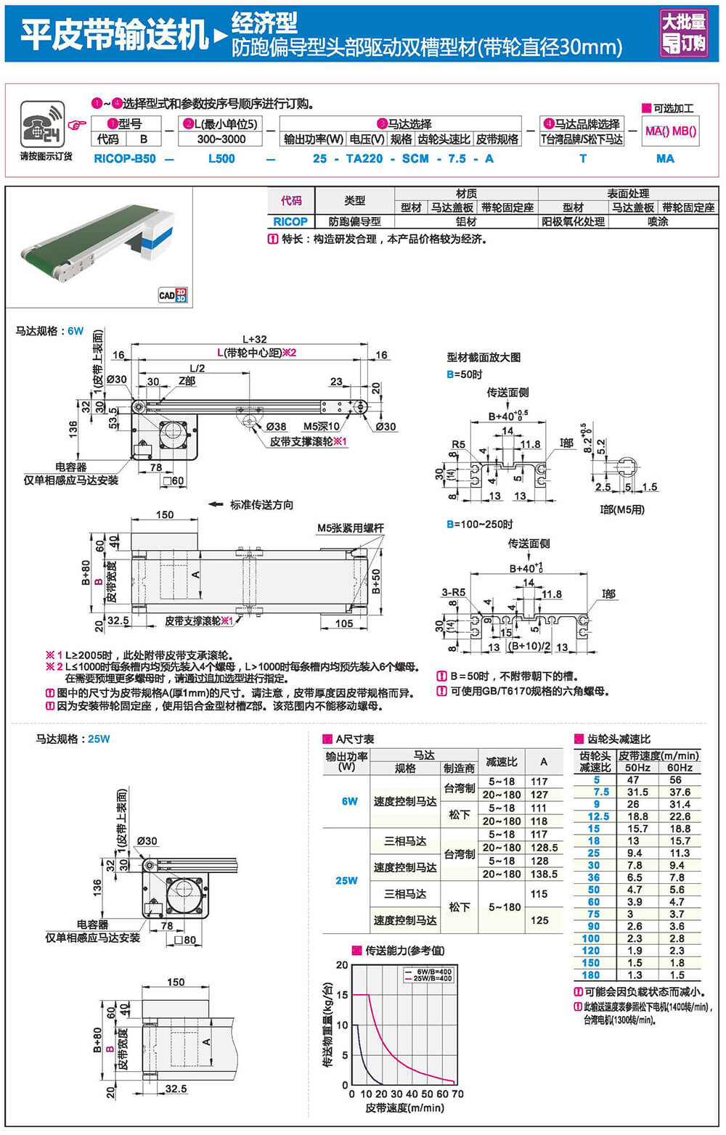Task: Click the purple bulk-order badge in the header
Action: tap(683, 33)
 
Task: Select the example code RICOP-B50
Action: tap(125, 158)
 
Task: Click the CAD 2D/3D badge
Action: tap(173, 295)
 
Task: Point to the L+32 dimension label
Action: tap(254, 339)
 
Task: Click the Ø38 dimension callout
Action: tap(276, 427)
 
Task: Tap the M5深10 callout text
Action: tap(321, 427)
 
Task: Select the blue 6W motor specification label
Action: tap(76, 331)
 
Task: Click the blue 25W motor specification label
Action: tap(99, 739)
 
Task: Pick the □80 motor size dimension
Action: tap(185, 940)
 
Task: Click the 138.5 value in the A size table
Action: tap(544, 874)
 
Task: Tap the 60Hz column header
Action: tap(680, 768)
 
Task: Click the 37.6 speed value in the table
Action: tap(680, 792)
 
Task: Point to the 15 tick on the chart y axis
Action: tap(342, 995)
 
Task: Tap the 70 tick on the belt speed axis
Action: tap(457, 1094)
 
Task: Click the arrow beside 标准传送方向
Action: tap(215, 504)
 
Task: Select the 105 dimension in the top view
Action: tap(344, 623)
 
